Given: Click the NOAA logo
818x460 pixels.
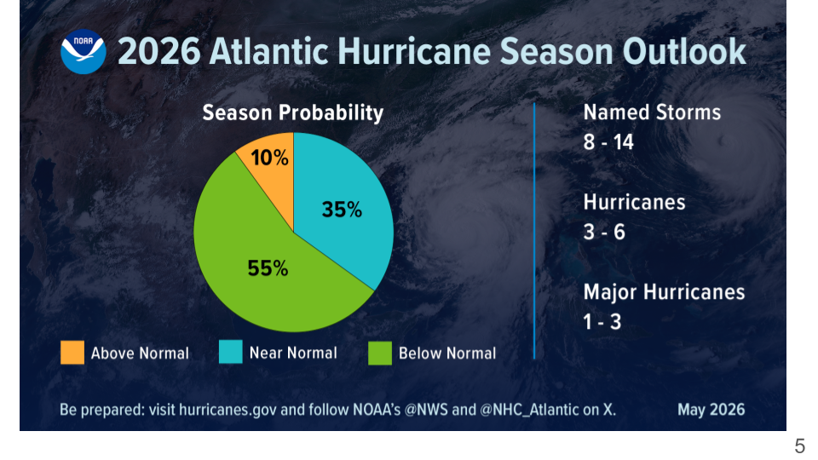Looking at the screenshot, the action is click(84, 52).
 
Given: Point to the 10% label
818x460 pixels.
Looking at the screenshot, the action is click(269, 158).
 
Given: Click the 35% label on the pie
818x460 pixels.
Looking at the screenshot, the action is click(342, 210).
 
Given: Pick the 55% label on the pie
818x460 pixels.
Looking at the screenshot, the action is click(268, 268).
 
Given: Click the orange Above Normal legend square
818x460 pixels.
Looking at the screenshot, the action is click(72, 353).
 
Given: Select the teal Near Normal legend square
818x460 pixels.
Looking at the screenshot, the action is click(231, 352).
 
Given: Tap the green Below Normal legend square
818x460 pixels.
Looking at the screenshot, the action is click(380, 353).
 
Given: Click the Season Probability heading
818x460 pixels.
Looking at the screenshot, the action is click(292, 113).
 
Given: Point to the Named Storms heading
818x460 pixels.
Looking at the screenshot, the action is click(652, 112).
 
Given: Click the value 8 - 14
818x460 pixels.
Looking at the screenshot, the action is click(608, 142).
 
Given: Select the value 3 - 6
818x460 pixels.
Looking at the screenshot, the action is click(604, 232).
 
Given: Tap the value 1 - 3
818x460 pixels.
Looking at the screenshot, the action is click(602, 322).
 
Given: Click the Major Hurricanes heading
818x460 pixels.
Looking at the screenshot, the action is click(664, 292).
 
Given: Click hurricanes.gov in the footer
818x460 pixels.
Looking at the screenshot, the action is click(228, 410).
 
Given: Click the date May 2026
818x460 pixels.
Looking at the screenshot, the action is click(711, 410).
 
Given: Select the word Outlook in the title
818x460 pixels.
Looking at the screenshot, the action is click(684, 52).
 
